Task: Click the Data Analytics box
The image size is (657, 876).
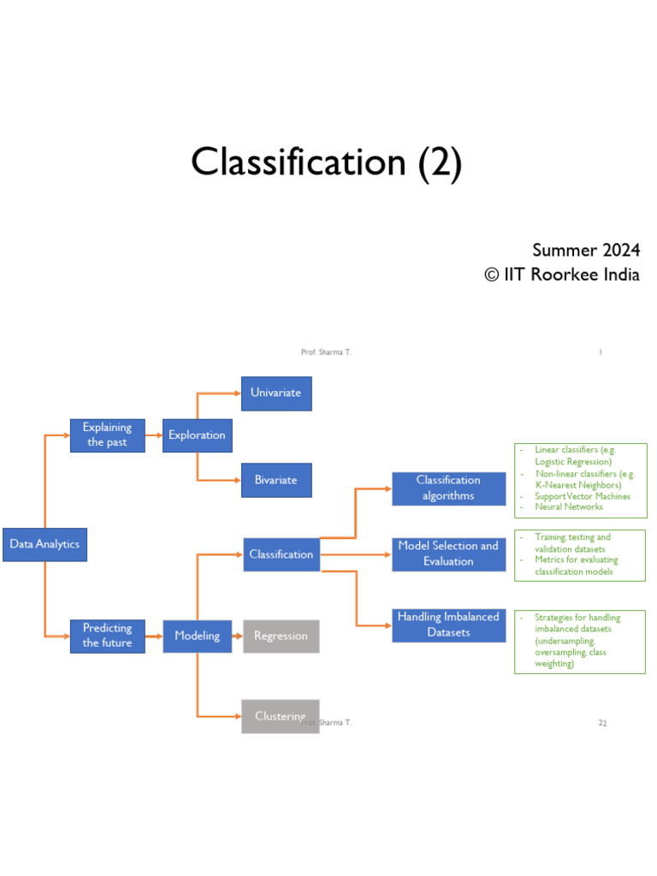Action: click(44, 544)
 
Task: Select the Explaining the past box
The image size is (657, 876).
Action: click(107, 435)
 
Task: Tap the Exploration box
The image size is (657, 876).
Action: click(197, 435)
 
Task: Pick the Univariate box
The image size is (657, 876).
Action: click(275, 393)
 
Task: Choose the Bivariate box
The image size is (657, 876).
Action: click(275, 480)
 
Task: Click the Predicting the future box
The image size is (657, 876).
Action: click(107, 636)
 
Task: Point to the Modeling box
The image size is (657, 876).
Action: click(197, 636)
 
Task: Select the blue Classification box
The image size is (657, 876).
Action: click(281, 554)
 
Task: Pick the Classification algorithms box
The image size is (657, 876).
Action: click(448, 488)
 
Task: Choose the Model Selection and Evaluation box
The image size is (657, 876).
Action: click(448, 553)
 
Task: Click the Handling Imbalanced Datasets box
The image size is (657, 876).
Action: click(448, 624)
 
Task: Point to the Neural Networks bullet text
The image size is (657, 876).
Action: click(568, 507)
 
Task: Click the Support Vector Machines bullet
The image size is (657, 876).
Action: click(582, 496)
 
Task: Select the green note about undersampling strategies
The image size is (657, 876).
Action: click(579, 641)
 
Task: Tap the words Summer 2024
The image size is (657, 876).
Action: click(585, 251)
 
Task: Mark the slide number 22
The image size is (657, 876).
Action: click(602, 723)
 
